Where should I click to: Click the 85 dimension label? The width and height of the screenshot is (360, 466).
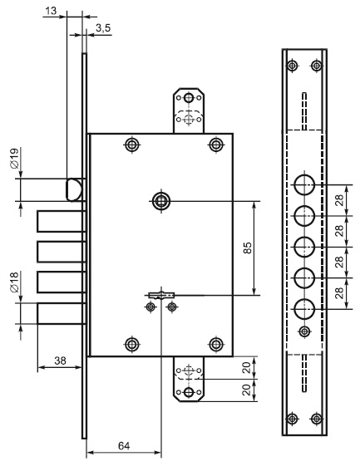[248, 248]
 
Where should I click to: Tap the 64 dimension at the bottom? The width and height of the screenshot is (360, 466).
[124, 446]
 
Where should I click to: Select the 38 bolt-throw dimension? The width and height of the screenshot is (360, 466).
[60, 361]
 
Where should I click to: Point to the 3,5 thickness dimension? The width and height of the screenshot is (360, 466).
[103, 28]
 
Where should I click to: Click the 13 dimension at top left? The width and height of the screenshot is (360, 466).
[51, 11]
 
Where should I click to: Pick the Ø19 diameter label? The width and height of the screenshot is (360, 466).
[14, 159]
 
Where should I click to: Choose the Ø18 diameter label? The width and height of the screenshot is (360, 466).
[14, 282]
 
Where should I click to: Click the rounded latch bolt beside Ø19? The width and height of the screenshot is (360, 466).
[73, 190]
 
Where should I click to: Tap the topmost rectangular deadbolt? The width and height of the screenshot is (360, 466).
[60, 221]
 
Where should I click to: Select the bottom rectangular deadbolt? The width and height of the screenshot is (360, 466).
[60, 313]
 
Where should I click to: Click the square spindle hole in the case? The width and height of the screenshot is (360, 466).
[161, 201]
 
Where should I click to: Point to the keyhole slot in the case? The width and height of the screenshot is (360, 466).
[161, 296]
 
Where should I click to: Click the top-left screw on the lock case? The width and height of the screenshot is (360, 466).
[132, 145]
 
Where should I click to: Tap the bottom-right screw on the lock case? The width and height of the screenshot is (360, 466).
[216, 345]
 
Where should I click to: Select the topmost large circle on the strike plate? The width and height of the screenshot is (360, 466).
[304, 185]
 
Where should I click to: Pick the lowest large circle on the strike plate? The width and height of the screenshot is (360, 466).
[304, 309]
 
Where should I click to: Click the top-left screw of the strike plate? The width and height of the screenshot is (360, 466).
[293, 65]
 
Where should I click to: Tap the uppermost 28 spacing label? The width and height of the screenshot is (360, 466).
[339, 200]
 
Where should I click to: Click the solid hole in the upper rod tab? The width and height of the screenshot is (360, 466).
[189, 97]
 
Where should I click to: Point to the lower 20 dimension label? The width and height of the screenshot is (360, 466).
[247, 390]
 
